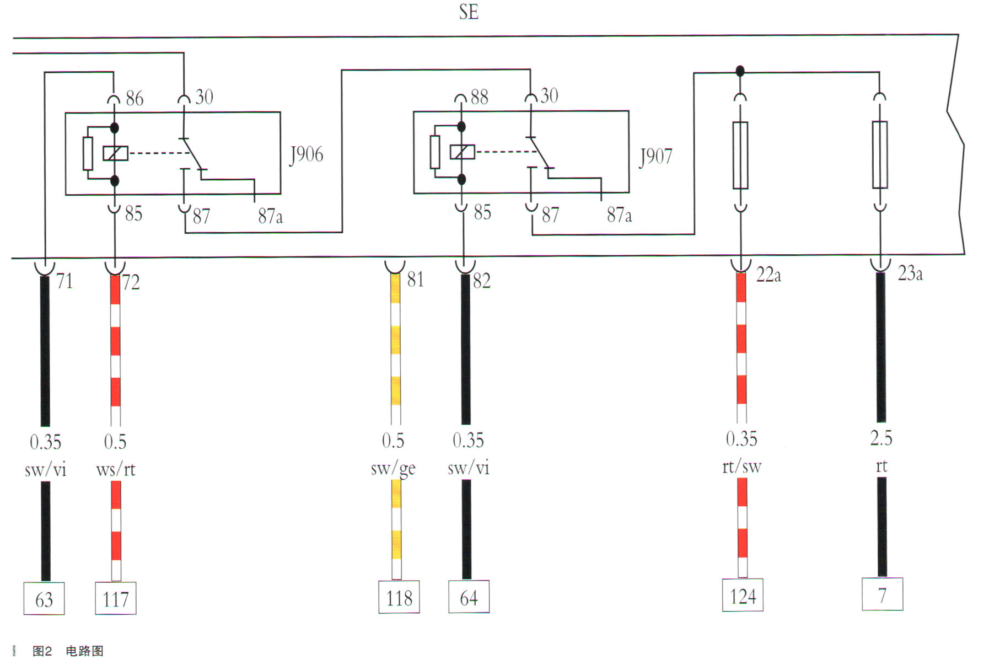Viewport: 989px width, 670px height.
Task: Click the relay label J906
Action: (307, 154)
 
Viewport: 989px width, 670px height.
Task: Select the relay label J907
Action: (655, 157)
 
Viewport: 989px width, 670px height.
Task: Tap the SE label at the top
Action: (469, 12)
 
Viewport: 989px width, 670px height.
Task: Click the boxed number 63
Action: (44, 599)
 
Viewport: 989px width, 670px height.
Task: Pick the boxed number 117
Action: (116, 599)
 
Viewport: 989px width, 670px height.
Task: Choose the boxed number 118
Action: (399, 598)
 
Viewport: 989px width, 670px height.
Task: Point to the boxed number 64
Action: (469, 598)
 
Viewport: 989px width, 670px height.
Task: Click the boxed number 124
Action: (743, 596)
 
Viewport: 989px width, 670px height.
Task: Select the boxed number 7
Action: (882, 595)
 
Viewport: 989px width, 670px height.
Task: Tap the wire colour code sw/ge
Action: (393, 469)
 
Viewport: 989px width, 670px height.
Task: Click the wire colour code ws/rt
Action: (115, 470)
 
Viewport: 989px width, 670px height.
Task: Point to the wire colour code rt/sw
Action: (741, 467)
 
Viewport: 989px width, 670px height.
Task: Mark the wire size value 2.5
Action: (881, 438)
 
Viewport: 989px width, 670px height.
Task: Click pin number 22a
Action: (768, 275)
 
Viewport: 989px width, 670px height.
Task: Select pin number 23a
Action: (910, 274)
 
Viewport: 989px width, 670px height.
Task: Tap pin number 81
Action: (416, 280)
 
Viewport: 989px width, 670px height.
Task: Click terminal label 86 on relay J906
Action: (135, 99)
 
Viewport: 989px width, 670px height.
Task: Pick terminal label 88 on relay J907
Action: (479, 97)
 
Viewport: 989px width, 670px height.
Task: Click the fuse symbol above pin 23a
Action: (880, 155)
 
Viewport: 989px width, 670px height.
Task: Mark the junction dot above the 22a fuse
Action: (740, 71)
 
